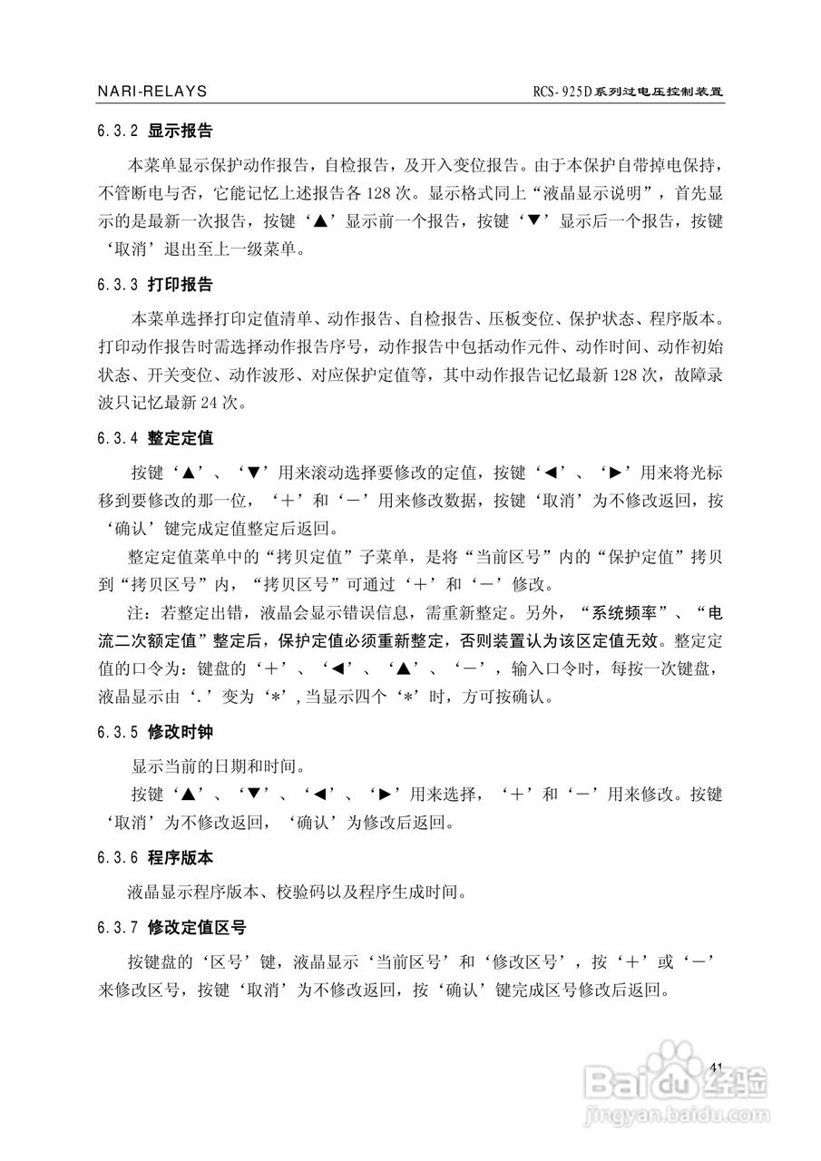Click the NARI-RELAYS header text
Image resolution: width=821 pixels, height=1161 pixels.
(151, 92)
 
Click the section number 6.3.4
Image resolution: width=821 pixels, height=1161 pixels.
(117, 439)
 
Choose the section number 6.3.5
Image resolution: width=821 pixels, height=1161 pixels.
(117, 732)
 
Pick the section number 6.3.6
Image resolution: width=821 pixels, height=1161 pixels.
(117, 858)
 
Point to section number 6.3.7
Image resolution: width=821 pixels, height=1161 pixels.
(117, 928)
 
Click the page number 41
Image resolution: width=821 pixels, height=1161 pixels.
(718, 1067)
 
